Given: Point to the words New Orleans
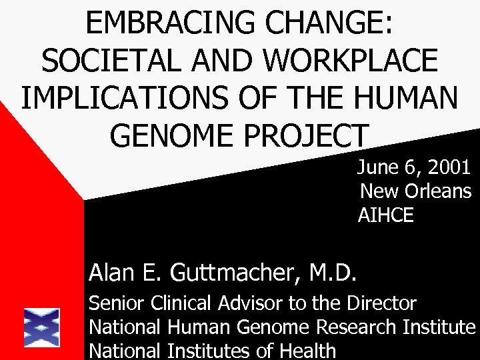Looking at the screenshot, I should coord(415,192).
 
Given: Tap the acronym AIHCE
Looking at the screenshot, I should coord(386,215).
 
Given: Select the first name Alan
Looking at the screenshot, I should coord(110,272).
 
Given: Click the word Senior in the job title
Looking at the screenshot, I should coord(117,304).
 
